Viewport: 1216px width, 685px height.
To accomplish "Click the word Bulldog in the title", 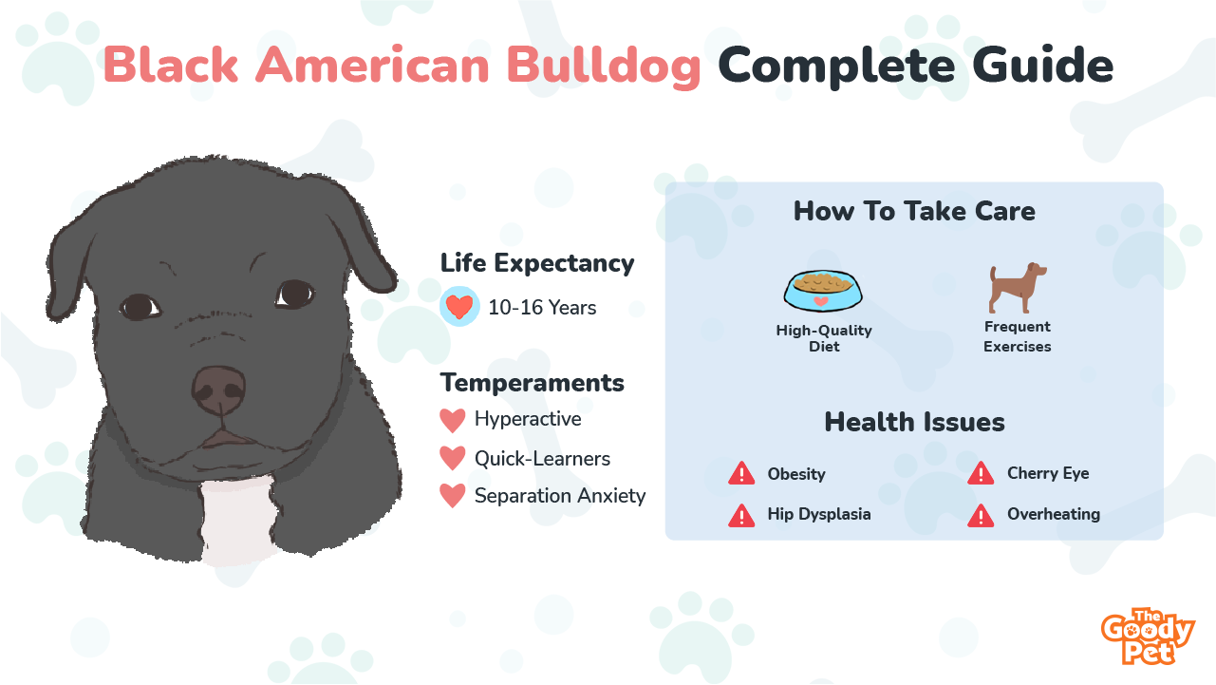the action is click(603, 67).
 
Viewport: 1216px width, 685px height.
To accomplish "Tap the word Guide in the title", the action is click(1043, 66).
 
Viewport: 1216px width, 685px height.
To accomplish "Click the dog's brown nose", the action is click(218, 390).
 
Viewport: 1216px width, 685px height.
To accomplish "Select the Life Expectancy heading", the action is click(537, 263).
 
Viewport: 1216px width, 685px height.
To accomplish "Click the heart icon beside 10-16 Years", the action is click(459, 306).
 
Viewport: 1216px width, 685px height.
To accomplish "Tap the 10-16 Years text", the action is click(542, 308).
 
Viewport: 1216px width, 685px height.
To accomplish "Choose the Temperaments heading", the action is click(532, 383).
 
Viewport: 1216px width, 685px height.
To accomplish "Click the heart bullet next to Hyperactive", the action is click(452, 420).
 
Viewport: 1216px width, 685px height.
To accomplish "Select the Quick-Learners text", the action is click(542, 459).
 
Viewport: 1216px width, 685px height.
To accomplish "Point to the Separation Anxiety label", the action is click(560, 496).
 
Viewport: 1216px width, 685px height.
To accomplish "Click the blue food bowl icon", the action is click(822, 291).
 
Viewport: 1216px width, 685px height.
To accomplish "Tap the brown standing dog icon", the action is click(1017, 288).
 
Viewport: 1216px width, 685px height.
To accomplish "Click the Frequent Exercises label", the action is click(1017, 336).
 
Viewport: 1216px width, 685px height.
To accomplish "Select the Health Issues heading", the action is click(914, 422).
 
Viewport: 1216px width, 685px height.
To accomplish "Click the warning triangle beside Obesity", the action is click(741, 474).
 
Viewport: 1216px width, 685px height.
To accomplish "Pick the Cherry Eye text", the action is click(1048, 473).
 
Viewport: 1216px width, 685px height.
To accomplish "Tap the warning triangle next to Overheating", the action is click(981, 516).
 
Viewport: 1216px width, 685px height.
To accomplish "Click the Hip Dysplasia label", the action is click(818, 514).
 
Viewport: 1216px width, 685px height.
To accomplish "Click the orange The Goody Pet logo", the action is click(1148, 637).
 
